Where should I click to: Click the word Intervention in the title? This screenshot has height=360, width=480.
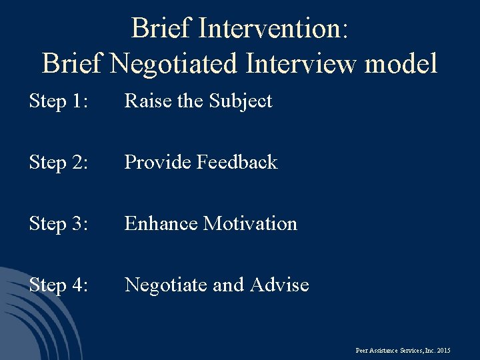(x=274, y=29)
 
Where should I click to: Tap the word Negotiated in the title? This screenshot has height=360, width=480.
(x=174, y=64)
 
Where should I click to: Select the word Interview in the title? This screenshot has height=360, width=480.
(x=299, y=64)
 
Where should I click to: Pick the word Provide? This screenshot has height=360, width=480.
(x=157, y=163)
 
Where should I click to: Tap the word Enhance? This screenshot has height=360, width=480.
(x=161, y=224)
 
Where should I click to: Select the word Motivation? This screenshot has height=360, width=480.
(x=250, y=224)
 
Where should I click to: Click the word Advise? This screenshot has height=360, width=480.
(x=279, y=285)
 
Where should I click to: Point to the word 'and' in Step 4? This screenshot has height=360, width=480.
(x=228, y=285)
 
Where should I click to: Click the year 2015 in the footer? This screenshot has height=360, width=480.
(x=444, y=350)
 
